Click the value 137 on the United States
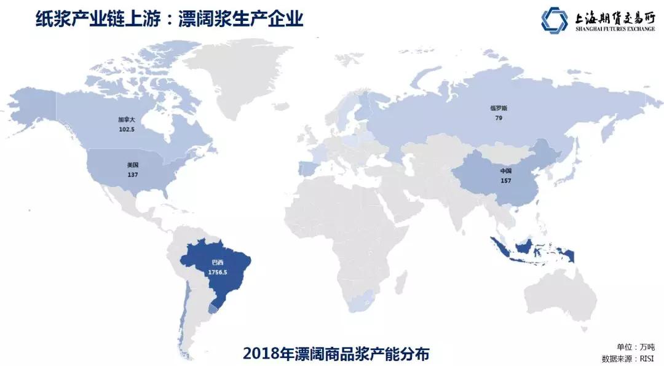tap(132, 175)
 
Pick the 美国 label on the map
tap(132, 165)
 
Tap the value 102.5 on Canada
tap(127, 130)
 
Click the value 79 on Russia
tap(499, 117)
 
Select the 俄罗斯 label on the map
tap(499, 108)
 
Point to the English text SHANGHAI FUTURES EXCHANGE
tap(615, 28)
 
